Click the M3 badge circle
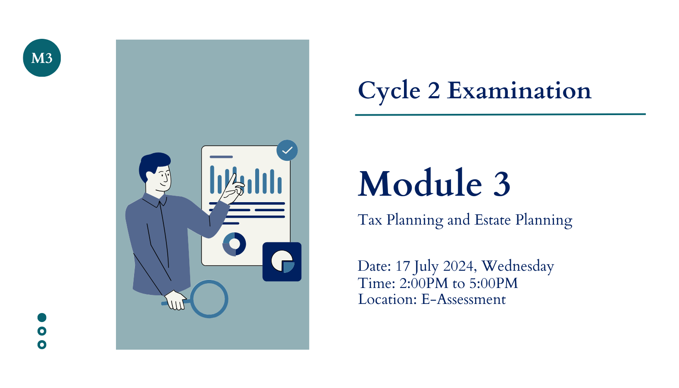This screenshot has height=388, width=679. coord(42,58)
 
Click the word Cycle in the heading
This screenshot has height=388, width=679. coord(389,91)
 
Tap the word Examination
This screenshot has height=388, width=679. coord(519,90)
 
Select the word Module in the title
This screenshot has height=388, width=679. coord(420,183)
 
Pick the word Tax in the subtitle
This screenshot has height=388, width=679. coord(370,219)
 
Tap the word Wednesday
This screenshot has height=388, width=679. coord(518,266)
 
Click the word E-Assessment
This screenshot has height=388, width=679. coord(463,299)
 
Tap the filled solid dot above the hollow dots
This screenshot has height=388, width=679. coord(42,317)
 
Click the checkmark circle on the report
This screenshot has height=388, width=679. coord(287,150)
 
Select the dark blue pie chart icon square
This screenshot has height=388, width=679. coord(282,262)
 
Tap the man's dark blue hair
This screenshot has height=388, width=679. coord(153,164)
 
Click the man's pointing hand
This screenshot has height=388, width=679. coord(233,189)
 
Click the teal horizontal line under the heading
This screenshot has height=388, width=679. coord(501,115)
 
